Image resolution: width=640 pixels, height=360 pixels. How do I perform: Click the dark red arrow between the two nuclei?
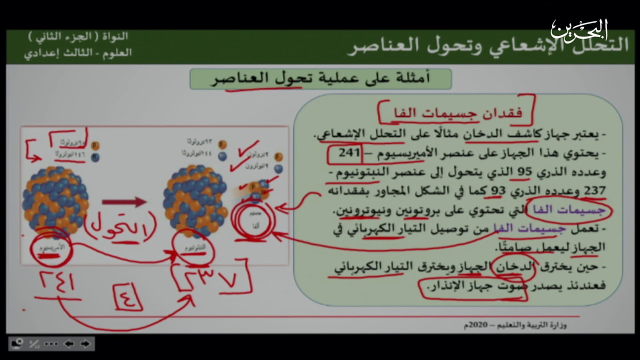click(x=124, y=202)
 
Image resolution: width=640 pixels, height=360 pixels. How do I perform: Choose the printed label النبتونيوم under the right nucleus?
click(x=193, y=248)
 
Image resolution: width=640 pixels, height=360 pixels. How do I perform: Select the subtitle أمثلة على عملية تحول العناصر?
click(x=320, y=78)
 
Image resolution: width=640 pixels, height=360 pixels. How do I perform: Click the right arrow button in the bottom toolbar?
click(x=85, y=344)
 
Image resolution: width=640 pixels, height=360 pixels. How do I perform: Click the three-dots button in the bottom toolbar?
click(x=51, y=344)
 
